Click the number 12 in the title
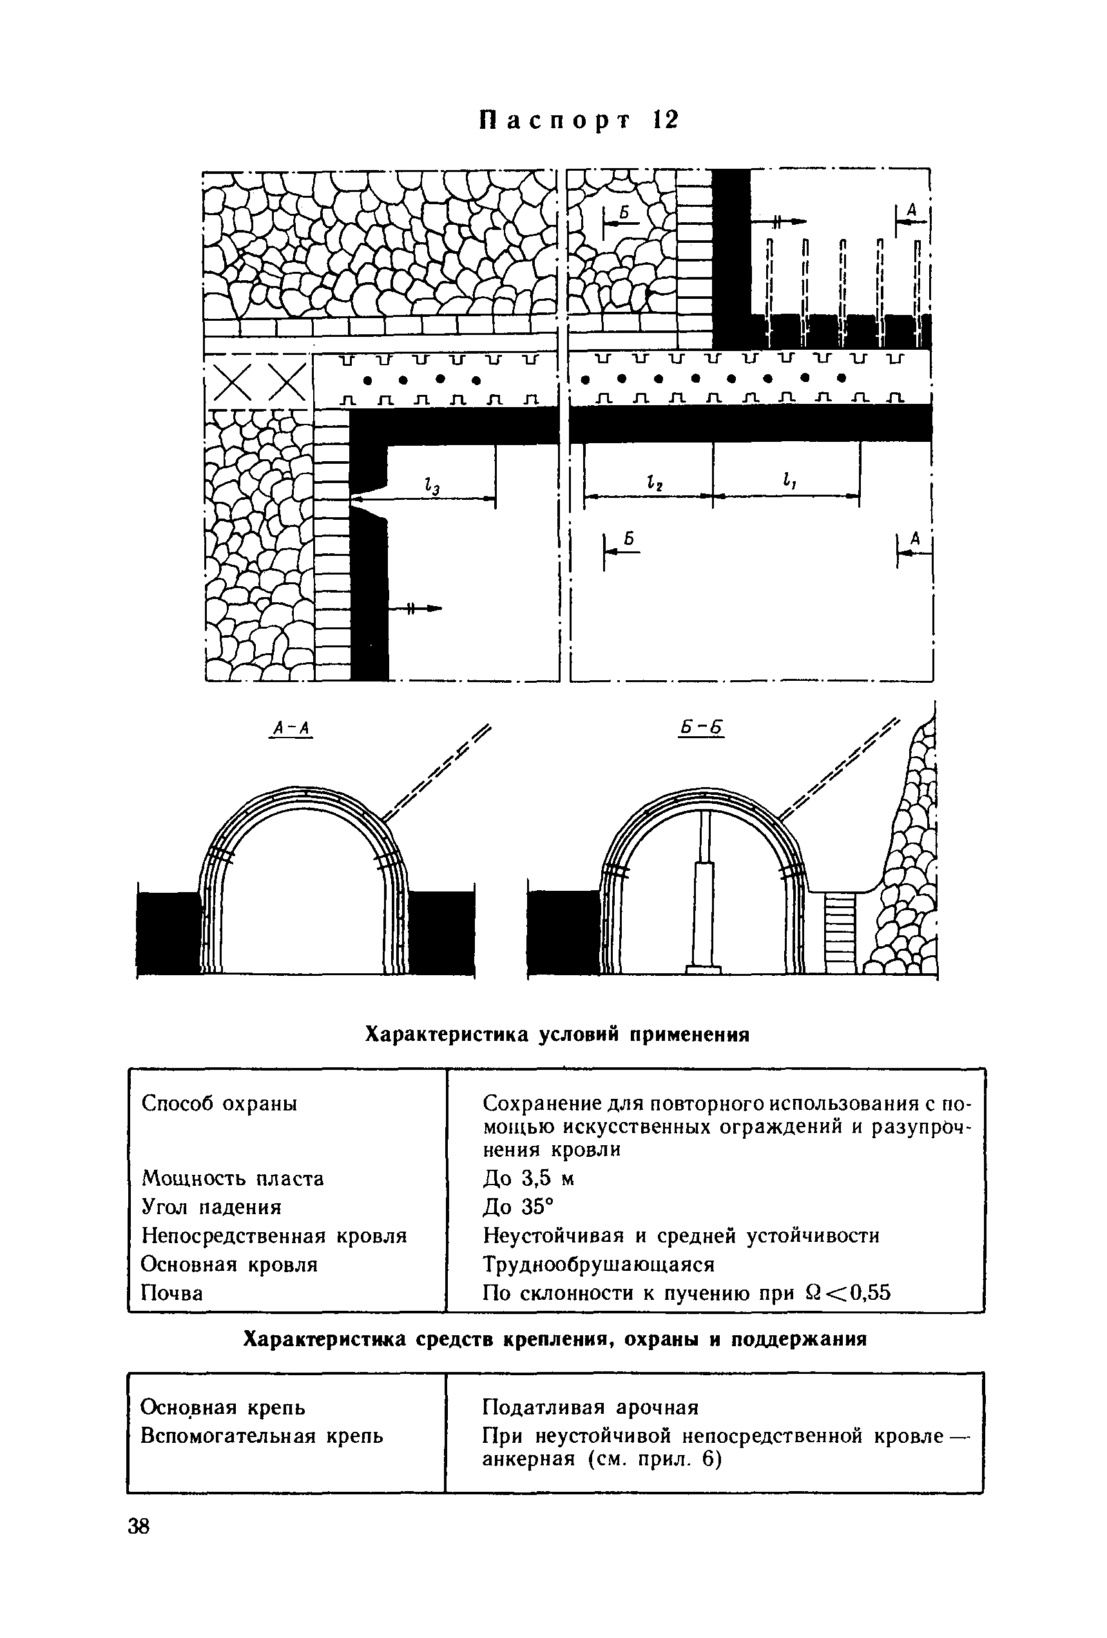(x=665, y=120)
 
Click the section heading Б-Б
(x=702, y=728)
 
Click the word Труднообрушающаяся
(x=599, y=1264)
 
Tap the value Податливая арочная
(x=590, y=1407)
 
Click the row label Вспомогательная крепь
(x=262, y=1436)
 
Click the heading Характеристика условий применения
(x=556, y=1034)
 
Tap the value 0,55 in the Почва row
(x=868, y=1293)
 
